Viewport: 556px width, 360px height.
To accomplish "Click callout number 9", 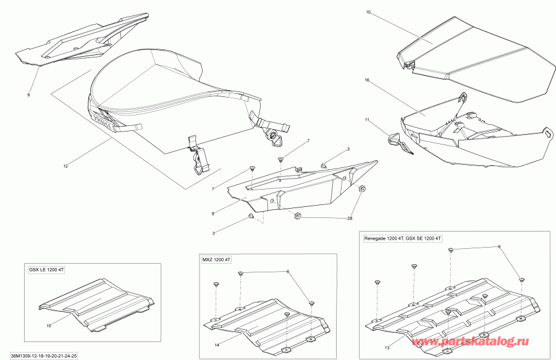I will pyautogui.click(x=28, y=95).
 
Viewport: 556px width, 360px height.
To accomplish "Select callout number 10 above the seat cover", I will pyautogui.click(x=368, y=12).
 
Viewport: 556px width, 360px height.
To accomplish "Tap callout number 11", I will pyautogui.click(x=366, y=119).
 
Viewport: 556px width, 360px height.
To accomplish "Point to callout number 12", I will pyautogui.click(x=66, y=165).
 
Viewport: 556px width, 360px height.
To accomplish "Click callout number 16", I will pyautogui.click(x=366, y=80).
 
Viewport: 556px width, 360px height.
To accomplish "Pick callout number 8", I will pyautogui.click(x=213, y=214).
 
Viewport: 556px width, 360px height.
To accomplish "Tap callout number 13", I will pyautogui.click(x=387, y=347).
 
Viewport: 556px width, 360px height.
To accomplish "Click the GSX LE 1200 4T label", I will pyautogui.click(x=49, y=269).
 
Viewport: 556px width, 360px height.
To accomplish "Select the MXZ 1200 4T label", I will pyautogui.click(x=216, y=260).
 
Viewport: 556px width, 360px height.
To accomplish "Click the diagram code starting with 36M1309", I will pyautogui.click(x=43, y=356).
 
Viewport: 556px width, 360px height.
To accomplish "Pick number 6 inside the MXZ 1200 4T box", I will pyautogui.click(x=287, y=272).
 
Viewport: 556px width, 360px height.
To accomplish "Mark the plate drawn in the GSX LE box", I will pyautogui.click(x=96, y=302).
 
